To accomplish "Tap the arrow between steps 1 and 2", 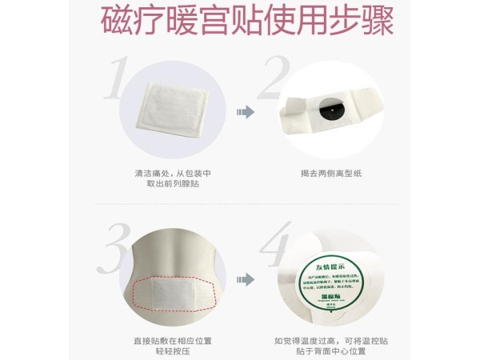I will pyautogui.click(x=244, y=114).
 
